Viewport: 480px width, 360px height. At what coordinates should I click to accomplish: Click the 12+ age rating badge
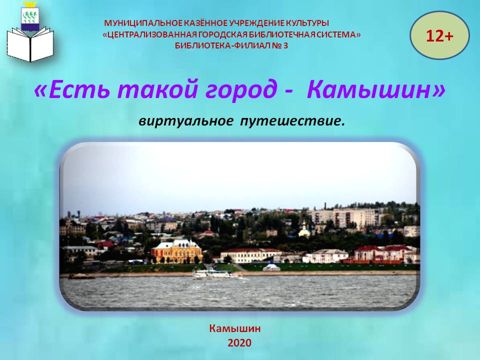click(x=439, y=35)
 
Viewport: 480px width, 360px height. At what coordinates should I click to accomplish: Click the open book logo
click(x=30, y=44)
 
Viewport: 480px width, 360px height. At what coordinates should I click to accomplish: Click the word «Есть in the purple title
click(x=71, y=90)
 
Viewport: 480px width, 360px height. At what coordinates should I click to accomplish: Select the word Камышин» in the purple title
click(x=376, y=90)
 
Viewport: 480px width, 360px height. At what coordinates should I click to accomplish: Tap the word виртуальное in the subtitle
click(x=185, y=121)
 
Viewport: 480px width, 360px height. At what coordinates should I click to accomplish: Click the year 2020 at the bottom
click(x=239, y=343)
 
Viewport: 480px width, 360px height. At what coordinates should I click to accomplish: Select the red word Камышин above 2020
click(x=235, y=328)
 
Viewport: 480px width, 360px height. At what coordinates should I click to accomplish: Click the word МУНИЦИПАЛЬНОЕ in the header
click(x=143, y=23)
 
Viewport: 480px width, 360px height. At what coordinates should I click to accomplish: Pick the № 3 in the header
click(x=282, y=45)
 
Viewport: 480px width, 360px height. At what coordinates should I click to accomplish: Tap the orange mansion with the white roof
click(x=176, y=251)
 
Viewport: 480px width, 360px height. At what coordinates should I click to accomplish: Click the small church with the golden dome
click(x=304, y=229)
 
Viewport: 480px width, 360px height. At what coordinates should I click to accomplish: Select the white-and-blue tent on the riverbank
click(x=271, y=266)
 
